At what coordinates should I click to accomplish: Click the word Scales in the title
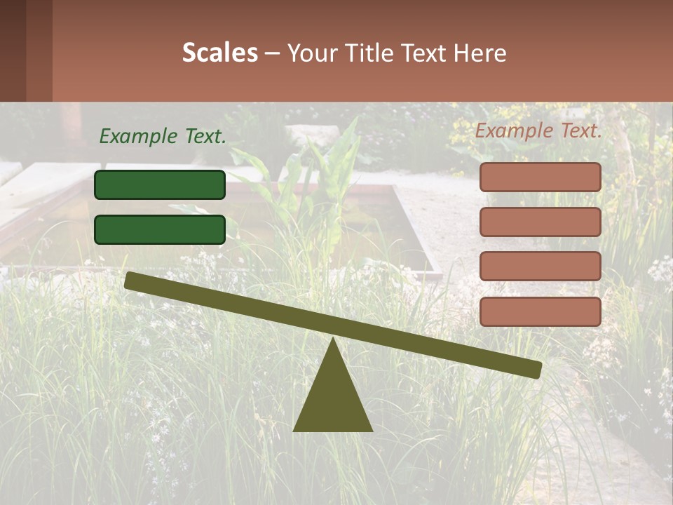click(x=219, y=53)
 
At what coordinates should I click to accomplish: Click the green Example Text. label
click(x=163, y=137)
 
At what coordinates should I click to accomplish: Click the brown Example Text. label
click(x=538, y=130)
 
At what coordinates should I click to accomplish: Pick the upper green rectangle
click(x=160, y=184)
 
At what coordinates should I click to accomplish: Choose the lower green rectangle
click(x=160, y=229)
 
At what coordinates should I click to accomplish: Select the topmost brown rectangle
click(x=541, y=177)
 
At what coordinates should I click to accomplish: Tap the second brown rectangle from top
click(x=541, y=222)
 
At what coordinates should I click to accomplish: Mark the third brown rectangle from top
click(x=541, y=267)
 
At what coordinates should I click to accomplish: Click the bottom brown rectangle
click(x=541, y=311)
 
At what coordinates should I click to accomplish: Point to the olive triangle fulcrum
click(x=333, y=400)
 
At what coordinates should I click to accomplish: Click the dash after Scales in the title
click(x=272, y=53)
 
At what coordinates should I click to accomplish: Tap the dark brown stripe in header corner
click(x=13, y=50)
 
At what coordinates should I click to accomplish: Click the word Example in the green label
click(x=138, y=137)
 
